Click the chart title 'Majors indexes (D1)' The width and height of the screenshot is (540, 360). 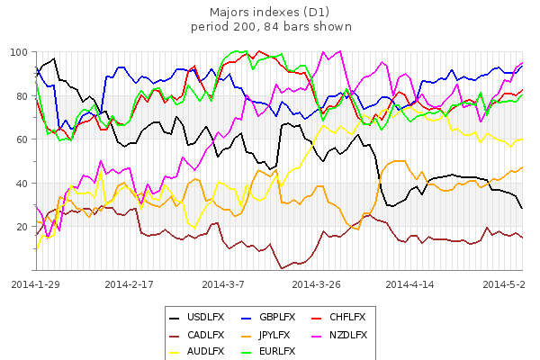pos(271,12)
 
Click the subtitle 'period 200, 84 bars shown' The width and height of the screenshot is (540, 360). pos(271,26)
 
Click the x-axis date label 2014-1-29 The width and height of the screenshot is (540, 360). pos(36,283)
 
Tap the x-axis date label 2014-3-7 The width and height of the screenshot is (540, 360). pos(223,283)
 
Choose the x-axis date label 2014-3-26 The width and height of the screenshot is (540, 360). pos(316,283)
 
